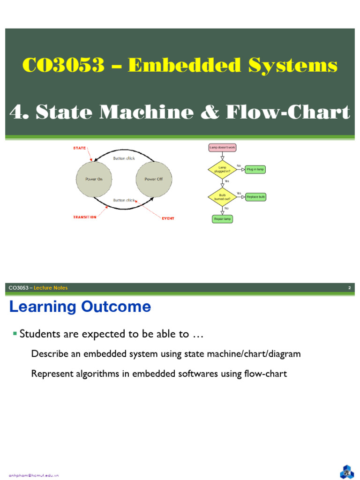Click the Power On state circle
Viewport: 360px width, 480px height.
[94, 179]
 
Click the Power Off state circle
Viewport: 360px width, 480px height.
[153, 179]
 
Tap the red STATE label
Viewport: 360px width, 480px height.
[79, 148]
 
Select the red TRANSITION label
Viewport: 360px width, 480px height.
[85, 217]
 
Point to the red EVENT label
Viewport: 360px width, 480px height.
[168, 218]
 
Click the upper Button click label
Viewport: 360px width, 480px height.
[124, 158]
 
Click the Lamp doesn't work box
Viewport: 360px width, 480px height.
[222, 148]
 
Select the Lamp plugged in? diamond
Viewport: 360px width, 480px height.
[222, 169]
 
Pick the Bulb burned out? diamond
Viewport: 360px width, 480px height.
[222, 196]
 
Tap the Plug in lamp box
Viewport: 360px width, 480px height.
[255, 169]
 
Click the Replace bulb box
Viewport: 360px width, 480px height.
[256, 197]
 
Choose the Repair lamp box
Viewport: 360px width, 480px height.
[222, 219]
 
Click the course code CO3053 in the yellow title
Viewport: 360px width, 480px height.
[63, 66]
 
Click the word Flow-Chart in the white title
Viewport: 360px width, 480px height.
[288, 112]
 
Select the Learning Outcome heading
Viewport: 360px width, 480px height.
[80, 307]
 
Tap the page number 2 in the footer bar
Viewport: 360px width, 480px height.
[349, 288]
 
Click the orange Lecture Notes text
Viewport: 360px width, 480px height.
[51, 288]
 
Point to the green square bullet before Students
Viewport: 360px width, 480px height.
[15, 333]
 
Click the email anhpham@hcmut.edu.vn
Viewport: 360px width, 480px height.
[34, 475]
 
